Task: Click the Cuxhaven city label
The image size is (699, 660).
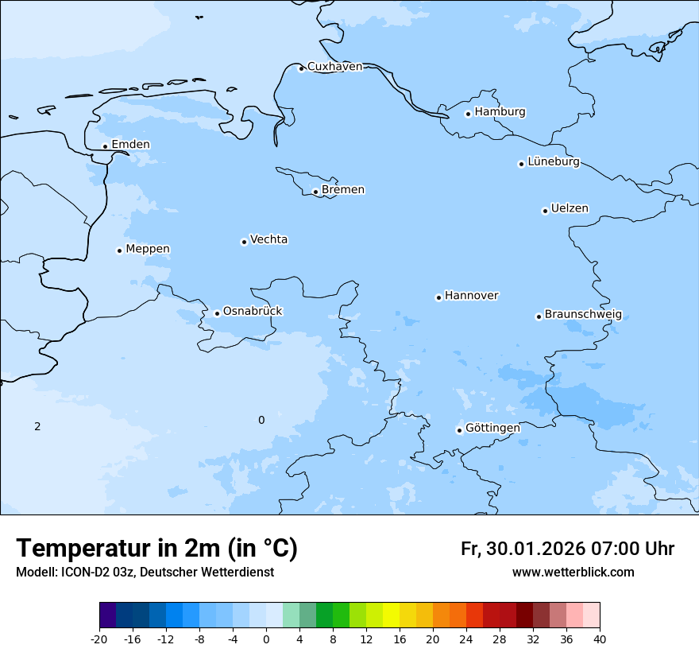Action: pyautogui.click(x=334, y=67)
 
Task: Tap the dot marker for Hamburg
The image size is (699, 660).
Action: pyautogui.click(x=468, y=114)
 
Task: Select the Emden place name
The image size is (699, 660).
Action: pyautogui.click(x=130, y=145)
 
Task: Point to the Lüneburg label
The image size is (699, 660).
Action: pyautogui.click(x=553, y=162)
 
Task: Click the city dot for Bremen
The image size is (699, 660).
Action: pyautogui.click(x=315, y=192)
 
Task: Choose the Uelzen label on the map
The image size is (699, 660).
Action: pyautogui.click(x=570, y=209)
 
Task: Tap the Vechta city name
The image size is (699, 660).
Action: pyautogui.click(x=268, y=239)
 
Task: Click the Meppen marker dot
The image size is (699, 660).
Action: pyautogui.click(x=119, y=250)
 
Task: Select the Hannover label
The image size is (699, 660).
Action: pyautogui.click(x=471, y=296)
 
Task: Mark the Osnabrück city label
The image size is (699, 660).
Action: pyautogui.click(x=253, y=312)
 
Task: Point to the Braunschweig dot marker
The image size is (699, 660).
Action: pyautogui.click(x=539, y=316)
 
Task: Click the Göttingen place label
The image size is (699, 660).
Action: pyautogui.click(x=492, y=429)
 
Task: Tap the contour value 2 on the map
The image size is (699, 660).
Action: pyautogui.click(x=37, y=427)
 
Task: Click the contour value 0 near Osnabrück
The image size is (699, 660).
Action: pyautogui.click(x=261, y=421)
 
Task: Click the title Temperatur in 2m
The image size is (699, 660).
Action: pyautogui.click(x=156, y=549)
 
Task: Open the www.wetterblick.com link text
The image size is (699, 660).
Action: pyautogui.click(x=573, y=573)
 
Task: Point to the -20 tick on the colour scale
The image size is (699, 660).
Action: pyautogui.click(x=99, y=639)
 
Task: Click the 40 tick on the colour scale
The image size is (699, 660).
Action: pyautogui.click(x=600, y=639)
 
